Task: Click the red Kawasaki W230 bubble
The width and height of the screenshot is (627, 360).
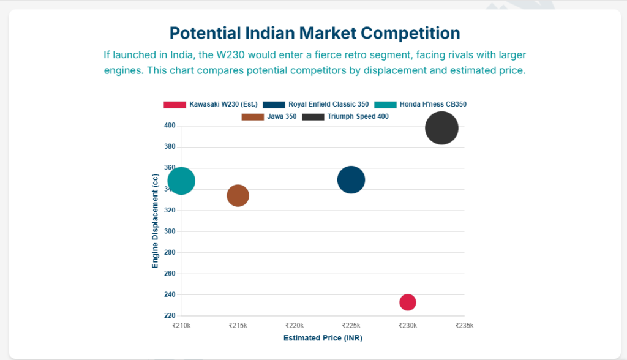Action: [408, 302]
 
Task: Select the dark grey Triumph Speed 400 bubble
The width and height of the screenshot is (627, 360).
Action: [441, 129]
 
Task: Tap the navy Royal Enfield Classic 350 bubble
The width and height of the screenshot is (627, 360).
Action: [351, 180]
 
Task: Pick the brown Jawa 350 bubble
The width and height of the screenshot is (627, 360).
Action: [238, 196]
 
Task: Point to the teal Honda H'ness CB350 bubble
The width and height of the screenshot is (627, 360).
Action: [181, 181]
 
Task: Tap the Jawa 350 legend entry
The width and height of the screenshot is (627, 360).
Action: [269, 116]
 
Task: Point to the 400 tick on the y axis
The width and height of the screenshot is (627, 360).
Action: [170, 126]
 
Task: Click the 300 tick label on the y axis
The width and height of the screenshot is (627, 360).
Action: [170, 231]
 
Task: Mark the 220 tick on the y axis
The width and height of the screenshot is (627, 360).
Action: [170, 315]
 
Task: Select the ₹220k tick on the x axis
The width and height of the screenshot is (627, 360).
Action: [295, 326]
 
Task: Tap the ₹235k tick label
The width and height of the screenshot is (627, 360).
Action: [465, 326]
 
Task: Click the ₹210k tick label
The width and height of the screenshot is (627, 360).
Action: [182, 326]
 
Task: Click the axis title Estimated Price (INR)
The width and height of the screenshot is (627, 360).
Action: [323, 338]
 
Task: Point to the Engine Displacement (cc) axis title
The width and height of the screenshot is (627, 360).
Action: [156, 220]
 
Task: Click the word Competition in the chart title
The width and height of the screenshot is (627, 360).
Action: [411, 32]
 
